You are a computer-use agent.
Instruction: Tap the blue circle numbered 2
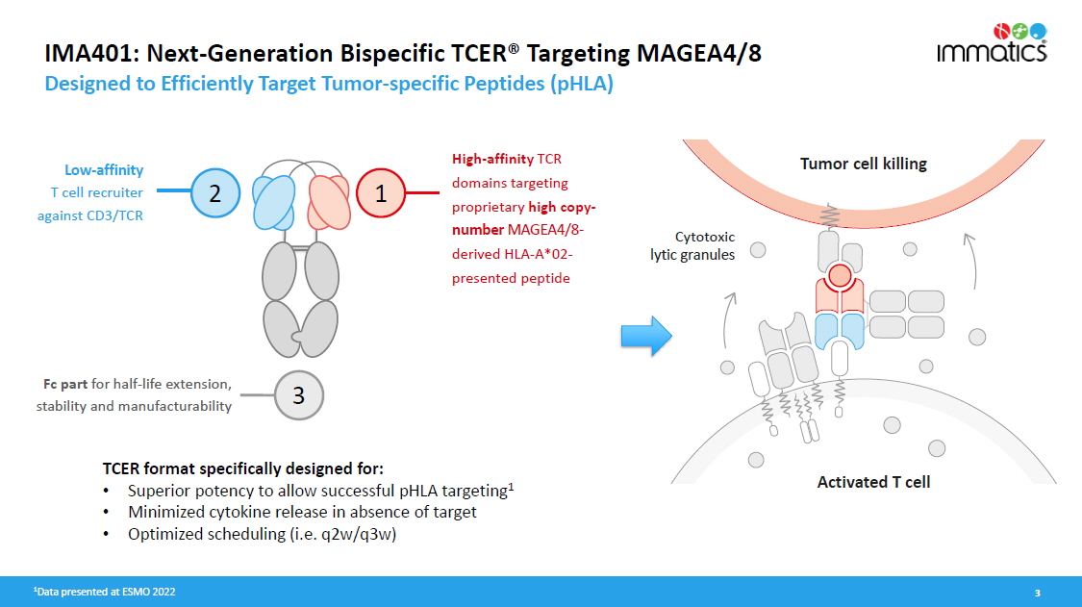click(x=215, y=193)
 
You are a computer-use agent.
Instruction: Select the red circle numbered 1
click(x=381, y=193)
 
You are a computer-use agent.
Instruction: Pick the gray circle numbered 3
click(x=298, y=394)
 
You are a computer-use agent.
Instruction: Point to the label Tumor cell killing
click(x=863, y=164)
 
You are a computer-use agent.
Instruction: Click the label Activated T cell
click(x=873, y=481)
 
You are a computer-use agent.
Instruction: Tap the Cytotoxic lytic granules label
click(x=694, y=244)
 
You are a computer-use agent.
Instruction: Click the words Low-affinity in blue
click(x=104, y=170)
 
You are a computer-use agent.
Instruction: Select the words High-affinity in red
click(x=492, y=159)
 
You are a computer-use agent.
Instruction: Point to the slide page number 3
click(x=1037, y=593)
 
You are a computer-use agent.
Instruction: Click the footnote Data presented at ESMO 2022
click(x=105, y=592)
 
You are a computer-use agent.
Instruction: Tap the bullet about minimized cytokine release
click(x=302, y=512)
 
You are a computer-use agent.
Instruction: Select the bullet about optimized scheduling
click(x=262, y=535)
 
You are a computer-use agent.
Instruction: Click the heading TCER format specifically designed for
click(x=243, y=468)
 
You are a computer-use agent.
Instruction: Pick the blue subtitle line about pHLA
click(x=329, y=84)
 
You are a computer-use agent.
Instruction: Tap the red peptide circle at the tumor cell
click(x=839, y=277)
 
